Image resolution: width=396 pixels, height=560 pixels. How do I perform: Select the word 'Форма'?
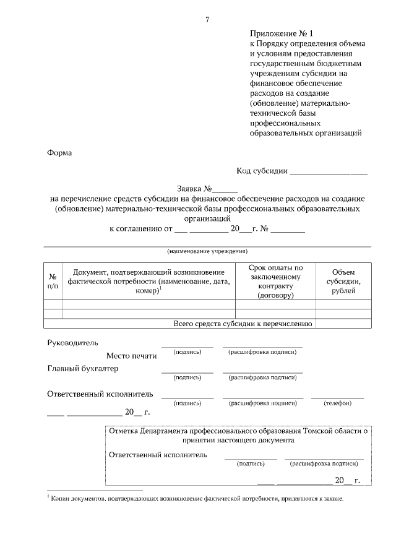click(x=60, y=153)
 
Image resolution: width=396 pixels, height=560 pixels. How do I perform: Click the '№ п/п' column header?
click(x=53, y=282)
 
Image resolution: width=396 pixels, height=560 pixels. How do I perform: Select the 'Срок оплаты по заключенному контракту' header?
click(x=275, y=282)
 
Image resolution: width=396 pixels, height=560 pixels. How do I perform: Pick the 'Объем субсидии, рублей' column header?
click(x=343, y=282)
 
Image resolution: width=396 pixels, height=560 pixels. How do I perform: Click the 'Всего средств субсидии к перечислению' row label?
click(x=243, y=324)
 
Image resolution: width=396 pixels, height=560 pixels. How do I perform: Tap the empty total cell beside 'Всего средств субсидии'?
click(x=343, y=324)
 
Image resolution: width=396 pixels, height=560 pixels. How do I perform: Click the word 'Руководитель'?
click(x=72, y=343)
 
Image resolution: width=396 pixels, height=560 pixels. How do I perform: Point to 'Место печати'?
click(x=131, y=356)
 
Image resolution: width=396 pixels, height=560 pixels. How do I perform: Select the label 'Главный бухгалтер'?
click(x=83, y=369)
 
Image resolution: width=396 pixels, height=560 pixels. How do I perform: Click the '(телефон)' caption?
click(x=337, y=403)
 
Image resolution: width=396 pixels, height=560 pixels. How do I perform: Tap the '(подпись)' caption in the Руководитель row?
click(x=187, y=352)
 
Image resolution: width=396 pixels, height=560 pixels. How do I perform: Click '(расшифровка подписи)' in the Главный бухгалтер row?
click(x=262, y=377)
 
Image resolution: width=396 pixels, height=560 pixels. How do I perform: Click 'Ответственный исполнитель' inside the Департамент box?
click(x=158, y=455)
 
